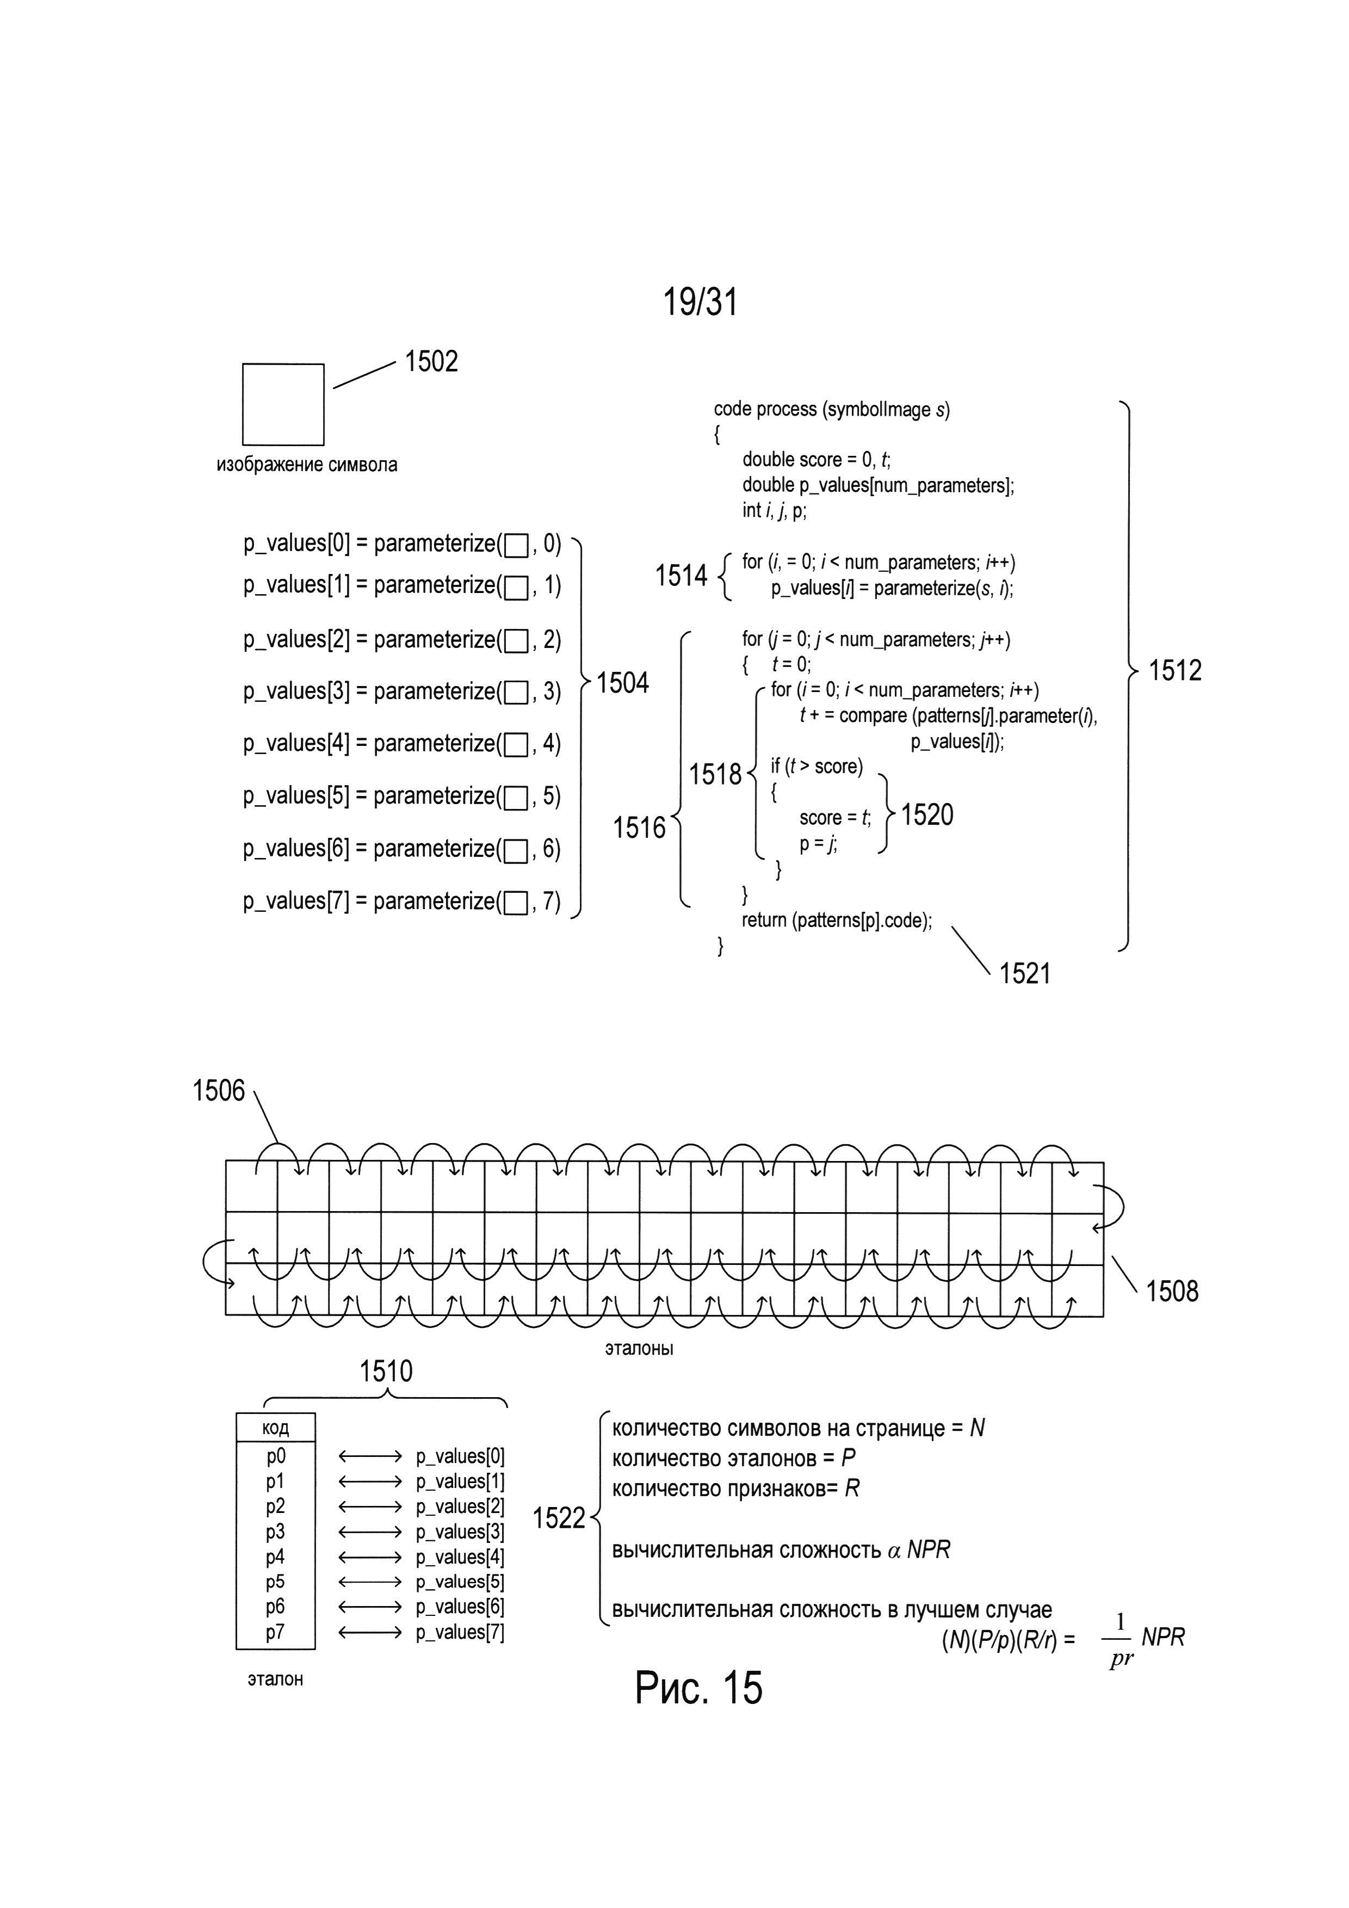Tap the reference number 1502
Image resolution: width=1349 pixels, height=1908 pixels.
click(x=431, y=361)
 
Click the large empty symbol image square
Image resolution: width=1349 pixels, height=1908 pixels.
click(x=283, y=405)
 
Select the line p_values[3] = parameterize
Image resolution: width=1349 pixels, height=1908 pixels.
click(x=402, y=691)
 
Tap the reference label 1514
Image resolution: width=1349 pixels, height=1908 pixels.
click(x=681, y=575)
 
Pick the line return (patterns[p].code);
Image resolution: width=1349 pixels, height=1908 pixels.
click(x=837, y=921)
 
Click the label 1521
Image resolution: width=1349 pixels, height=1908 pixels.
click(x=1025, y=973)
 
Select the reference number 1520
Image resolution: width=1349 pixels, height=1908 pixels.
click(x=927, y=814)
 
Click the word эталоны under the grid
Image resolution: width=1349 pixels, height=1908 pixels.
click(x=639, y=1348)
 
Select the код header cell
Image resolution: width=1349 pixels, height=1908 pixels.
click(x=276, y=1428)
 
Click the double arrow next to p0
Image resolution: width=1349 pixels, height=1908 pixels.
click(x=370, y=1457)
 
